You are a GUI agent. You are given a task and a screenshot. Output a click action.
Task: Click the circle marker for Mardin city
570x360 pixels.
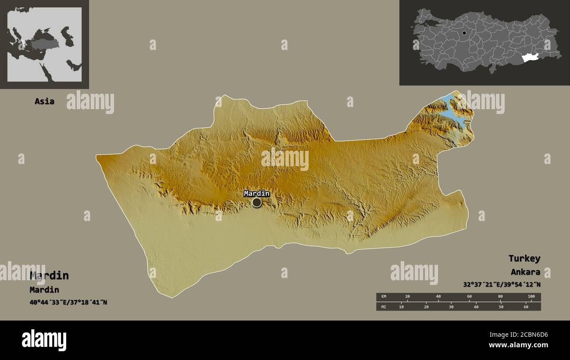256,202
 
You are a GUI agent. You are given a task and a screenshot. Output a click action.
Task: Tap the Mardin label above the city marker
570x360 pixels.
256,193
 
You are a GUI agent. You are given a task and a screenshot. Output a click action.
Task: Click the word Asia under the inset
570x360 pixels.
44,101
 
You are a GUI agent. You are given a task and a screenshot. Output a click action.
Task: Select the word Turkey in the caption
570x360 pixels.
524,258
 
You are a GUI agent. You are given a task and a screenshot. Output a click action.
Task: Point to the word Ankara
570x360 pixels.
525,272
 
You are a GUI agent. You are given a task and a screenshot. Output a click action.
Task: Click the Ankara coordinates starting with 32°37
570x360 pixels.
502,284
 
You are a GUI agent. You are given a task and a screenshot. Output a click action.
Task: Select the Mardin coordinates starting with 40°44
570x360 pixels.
68,302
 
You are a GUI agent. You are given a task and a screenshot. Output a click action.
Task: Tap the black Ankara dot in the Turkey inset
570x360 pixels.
464,33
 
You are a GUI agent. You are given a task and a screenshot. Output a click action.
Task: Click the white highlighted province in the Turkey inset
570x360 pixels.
530,58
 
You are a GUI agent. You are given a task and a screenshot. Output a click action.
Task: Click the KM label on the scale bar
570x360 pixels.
383,297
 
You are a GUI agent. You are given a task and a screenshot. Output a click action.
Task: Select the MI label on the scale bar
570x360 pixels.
383,307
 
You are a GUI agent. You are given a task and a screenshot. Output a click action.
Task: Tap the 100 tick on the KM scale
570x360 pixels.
531,297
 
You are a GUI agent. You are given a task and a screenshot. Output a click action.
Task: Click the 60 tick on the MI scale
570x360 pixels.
526,307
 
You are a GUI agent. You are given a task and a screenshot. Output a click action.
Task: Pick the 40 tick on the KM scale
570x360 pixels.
438,297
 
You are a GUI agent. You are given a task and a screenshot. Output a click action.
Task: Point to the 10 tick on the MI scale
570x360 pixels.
401,307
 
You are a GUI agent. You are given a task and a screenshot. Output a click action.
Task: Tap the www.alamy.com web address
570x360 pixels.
518,345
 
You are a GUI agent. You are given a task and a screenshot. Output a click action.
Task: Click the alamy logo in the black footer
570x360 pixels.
44,340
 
